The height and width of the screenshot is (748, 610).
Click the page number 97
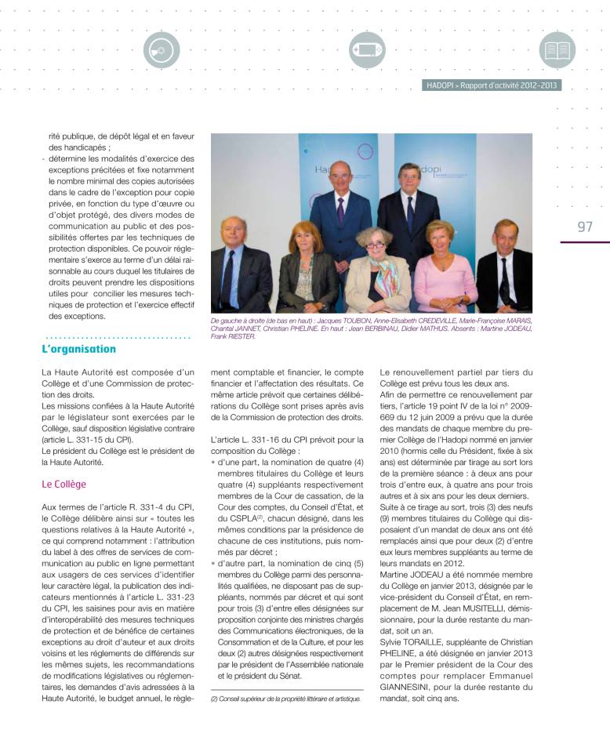585,227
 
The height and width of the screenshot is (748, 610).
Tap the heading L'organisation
78,349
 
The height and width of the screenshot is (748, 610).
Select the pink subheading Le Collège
64,484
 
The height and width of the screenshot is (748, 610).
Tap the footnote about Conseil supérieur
285,698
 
